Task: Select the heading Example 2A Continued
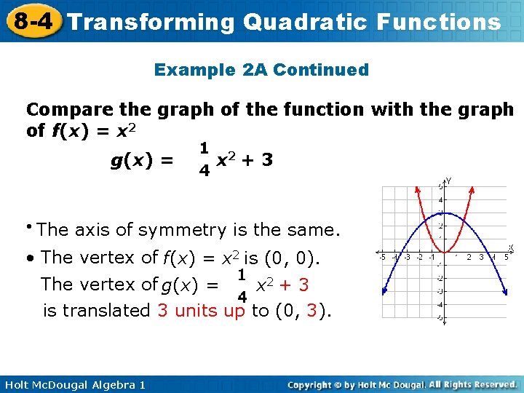[x=261, y=70]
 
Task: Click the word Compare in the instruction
[x=68, y=110]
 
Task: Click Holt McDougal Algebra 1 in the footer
[x=74, y=384]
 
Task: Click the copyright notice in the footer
[x=402, y=384]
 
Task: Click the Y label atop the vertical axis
[x=448, y=180]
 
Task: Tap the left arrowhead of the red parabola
[x=418, y=187]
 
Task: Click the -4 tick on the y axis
[x=439, y=305]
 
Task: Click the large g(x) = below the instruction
[x=141, y=160]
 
